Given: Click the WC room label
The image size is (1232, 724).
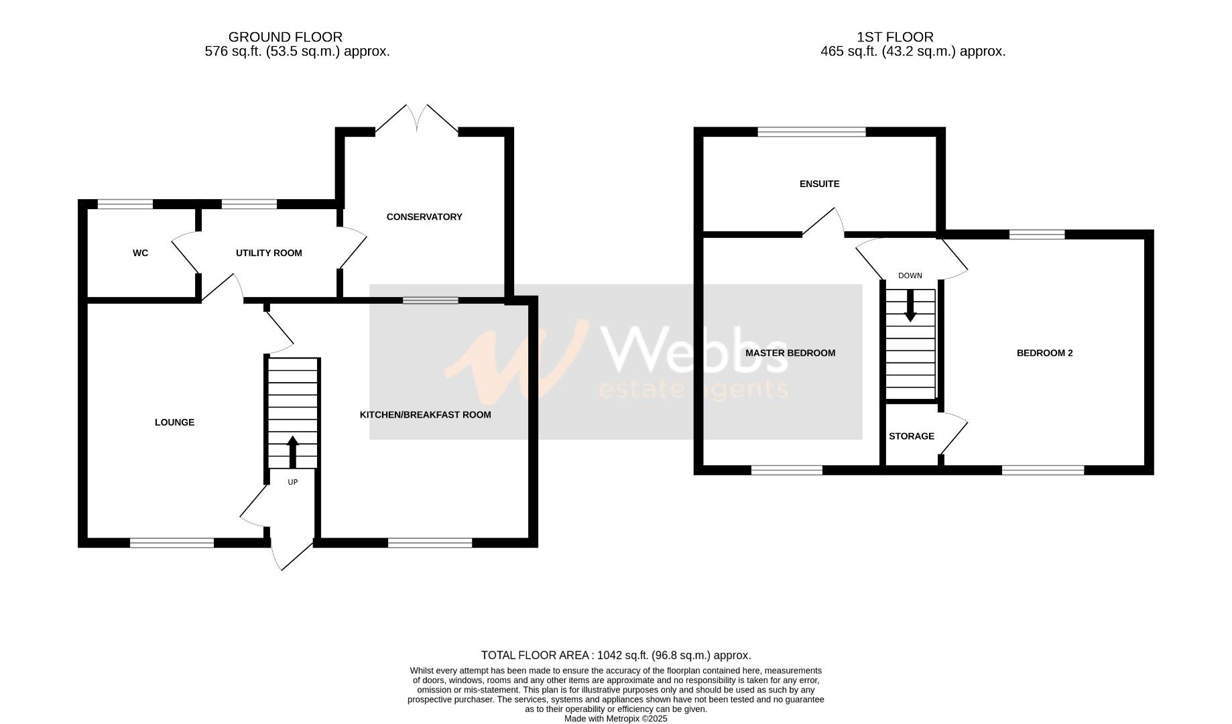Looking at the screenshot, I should pos(140,253).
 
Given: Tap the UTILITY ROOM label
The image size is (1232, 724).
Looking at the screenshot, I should pos(269,253).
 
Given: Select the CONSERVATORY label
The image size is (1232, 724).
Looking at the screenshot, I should pos(424,217).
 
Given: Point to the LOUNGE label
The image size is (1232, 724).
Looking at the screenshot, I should pos(174,422).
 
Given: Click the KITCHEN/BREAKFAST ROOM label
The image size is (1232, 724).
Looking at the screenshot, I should pos(425,415).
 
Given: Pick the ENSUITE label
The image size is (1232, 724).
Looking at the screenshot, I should pos(819,184).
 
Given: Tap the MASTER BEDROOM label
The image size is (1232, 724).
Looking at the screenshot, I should pos(790,353).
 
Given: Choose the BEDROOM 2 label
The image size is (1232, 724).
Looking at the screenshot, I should pos(1044,353).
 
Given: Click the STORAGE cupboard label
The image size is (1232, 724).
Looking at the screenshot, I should pos(911,436).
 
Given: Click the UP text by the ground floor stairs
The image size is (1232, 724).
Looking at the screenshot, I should pos(292,482).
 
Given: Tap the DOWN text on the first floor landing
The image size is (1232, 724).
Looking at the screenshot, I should pos(910,276).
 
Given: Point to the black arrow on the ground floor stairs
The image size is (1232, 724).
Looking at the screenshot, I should pos(292,452).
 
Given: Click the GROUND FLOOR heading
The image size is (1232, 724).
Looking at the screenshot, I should pos(285,37).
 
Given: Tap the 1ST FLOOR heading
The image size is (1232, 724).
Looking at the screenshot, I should pos(895,37).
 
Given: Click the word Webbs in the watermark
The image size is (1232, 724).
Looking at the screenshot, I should pos(694,349).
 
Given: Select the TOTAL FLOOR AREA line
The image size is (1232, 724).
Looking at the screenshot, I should pos(615,656).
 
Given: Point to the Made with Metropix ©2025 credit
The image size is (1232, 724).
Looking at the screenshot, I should pos(615,719).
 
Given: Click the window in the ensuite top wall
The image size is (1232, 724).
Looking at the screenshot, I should pos(812,132).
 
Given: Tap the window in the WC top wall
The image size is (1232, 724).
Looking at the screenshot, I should pos(125,204).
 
